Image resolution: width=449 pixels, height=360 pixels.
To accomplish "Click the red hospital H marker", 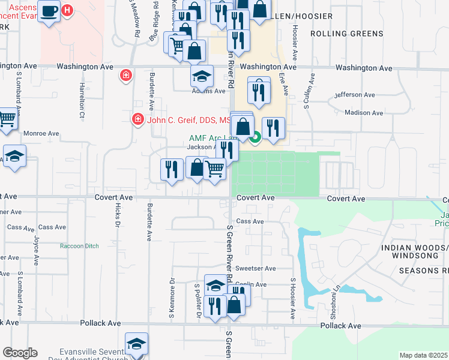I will (x=67, y=10).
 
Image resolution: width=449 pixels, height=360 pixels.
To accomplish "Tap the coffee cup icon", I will (x=49, y=11).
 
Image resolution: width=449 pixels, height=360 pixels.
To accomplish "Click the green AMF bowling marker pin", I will (x=255, y=138).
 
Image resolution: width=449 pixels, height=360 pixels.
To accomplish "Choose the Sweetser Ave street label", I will (x=256, y=268).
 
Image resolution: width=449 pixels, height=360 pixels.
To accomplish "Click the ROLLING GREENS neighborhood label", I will (x=347, y=33).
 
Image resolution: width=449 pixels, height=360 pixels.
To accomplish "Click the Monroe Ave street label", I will (x=41, y=133).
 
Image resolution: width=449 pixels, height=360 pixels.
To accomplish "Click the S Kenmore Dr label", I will (x=172, y=296).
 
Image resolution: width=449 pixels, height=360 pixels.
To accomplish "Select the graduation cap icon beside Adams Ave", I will (x=202, y=76).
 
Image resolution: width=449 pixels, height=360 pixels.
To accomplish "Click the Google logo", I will (x=19, y=353).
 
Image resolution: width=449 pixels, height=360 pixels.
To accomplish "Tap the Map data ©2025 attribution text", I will (x=424, y=355).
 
